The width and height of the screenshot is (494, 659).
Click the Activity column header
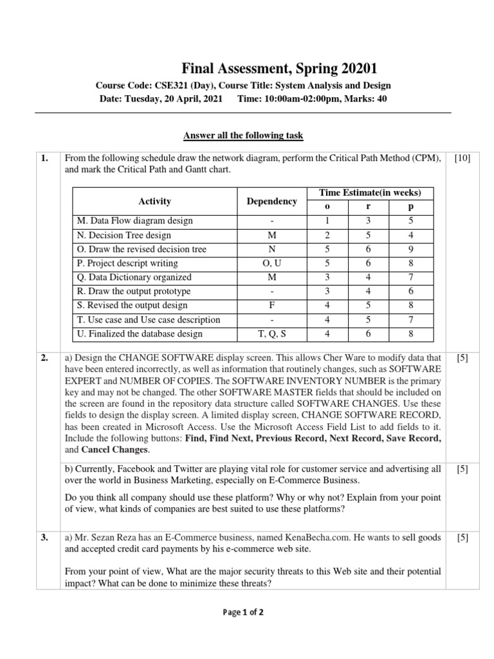(x=154, y=201)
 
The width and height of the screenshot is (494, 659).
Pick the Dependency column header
(x=271, y=201)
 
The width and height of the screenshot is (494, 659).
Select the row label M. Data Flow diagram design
(x=134, y=221)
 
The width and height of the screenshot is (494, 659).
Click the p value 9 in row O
(x=410, y=249)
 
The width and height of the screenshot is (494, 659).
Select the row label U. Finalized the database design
(x=140, y=334)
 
